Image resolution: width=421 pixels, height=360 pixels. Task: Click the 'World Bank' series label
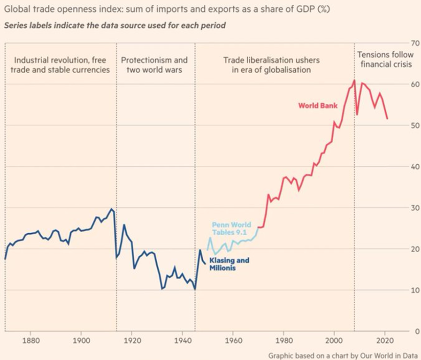(318, 106)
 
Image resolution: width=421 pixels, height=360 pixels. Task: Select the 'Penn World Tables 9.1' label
(231, 229)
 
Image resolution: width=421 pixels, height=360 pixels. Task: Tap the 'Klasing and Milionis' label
(229, 264)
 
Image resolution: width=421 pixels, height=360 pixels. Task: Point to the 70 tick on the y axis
(414, 43)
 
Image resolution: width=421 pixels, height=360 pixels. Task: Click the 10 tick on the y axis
(414, 290)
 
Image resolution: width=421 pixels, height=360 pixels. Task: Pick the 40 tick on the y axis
(414, 167)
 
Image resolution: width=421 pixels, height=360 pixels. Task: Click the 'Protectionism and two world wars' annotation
(154, 65)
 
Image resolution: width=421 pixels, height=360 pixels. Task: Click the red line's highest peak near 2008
(354, 80)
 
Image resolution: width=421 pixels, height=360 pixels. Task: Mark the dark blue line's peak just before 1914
(111, 209)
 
